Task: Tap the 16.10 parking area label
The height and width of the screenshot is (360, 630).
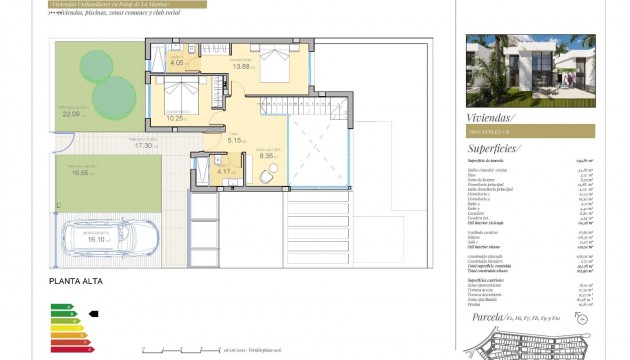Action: pos(97,240)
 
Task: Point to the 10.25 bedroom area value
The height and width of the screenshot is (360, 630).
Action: pos(175,118)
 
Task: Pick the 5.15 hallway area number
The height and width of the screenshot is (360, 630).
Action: pos(236,140)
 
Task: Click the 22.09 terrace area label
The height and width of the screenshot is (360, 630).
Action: pos(71,114)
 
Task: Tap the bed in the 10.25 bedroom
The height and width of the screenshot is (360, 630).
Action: pos(186,98)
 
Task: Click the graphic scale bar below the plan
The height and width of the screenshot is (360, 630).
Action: pos(180,351)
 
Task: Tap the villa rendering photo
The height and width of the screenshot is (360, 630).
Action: pos(529,71)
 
